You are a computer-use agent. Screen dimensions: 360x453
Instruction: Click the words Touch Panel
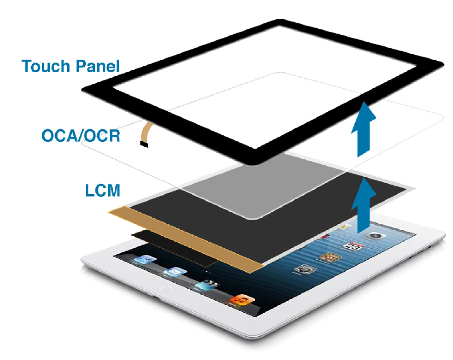tap(71, 66)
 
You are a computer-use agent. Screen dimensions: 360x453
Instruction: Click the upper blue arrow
tap(363, 128)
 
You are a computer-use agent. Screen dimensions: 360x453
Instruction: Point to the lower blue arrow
tap(363, 206)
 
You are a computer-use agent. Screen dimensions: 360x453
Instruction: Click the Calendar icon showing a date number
tap(351, 246)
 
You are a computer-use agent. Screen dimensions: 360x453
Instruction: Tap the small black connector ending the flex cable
tap(143, 145)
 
